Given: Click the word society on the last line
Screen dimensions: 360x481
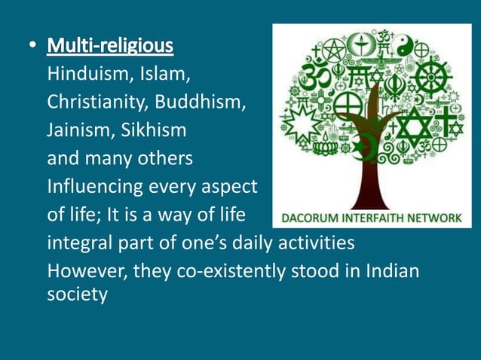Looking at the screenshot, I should coord(77,294).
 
